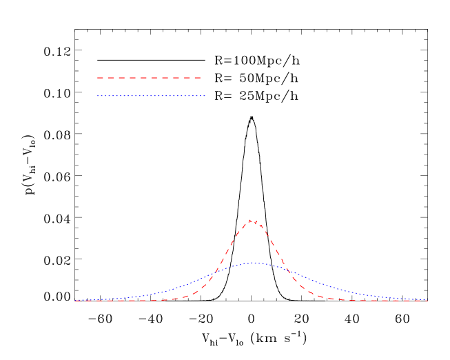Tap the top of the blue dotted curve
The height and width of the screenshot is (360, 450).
click(x=255, y=263)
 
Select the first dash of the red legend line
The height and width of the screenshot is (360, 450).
click(x=101, y=78)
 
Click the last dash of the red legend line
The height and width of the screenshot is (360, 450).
click(x=197, y=78)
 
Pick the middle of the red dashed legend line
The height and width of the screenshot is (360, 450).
click(x=149, y=78)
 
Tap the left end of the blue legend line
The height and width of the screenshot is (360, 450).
click(x=98, y=96)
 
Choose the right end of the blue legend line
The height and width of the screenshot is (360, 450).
click(x=205, y=96)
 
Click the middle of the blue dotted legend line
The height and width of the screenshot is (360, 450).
click(x=151, y=96)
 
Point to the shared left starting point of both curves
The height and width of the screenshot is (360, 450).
click(x=75, y=301)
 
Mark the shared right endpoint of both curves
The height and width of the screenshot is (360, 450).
click(x=428, y=301)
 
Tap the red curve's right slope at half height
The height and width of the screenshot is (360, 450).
click(x=279, y=261)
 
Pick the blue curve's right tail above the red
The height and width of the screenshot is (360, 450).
click(x=338, y=289)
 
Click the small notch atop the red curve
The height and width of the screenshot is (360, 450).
click(x=254, y=222)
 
